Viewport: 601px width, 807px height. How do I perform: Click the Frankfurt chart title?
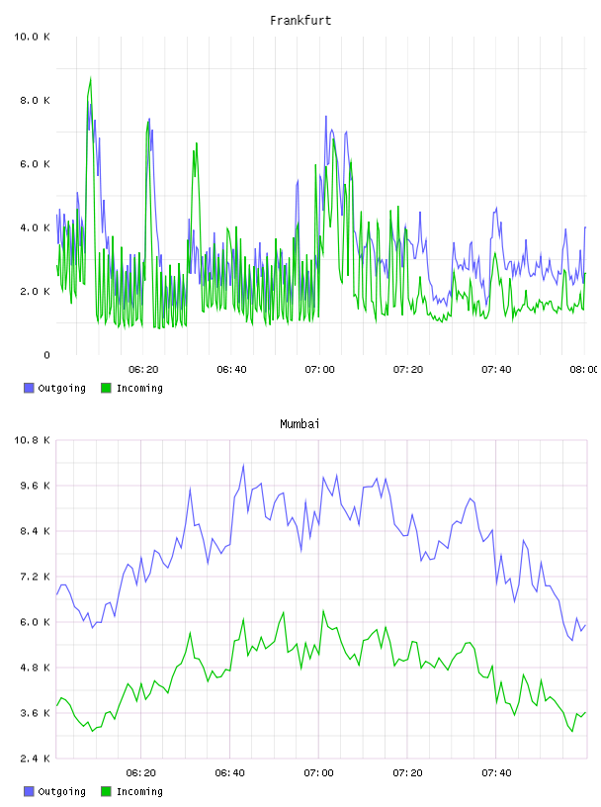pos(300,21)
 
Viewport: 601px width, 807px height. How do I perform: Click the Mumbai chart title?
pos(300,424)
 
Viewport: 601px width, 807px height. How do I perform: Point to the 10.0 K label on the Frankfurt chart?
pos(32,37)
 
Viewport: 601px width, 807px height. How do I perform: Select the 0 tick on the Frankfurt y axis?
pos(46,355)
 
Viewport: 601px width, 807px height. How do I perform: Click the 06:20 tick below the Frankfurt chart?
pos(143,370)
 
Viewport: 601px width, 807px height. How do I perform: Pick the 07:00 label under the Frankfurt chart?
pos(319,370)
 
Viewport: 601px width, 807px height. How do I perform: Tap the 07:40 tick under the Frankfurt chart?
pos(496,370)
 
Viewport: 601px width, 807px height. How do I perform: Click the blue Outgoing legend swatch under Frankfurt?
pos(29,388)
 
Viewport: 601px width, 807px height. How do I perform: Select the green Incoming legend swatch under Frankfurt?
pos(106,388)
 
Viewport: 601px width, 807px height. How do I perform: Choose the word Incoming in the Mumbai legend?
pos(139,791)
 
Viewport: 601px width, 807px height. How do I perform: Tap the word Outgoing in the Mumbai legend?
pos(61,791)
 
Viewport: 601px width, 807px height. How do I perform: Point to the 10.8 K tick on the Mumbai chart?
pos(32,440)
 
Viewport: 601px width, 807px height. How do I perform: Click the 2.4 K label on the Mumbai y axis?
pos(35,759)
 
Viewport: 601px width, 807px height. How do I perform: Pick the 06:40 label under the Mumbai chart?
pos(230,773)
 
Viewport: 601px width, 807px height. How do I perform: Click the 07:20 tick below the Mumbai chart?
pos(407,773)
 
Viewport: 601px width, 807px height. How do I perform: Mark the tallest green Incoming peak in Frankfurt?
pos(91,78)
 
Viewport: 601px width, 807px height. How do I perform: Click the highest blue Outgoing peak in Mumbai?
pos(243,465)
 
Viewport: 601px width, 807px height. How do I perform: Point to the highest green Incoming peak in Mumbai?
pos(323,611)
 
